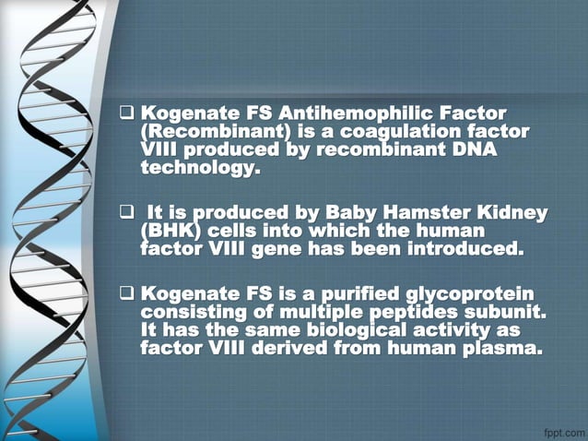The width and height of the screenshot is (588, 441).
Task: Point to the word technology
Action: tap(197, 169)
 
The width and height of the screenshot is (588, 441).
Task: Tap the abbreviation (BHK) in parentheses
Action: tap(171, 231)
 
